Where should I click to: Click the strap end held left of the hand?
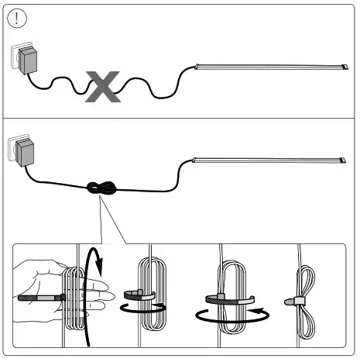31,298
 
